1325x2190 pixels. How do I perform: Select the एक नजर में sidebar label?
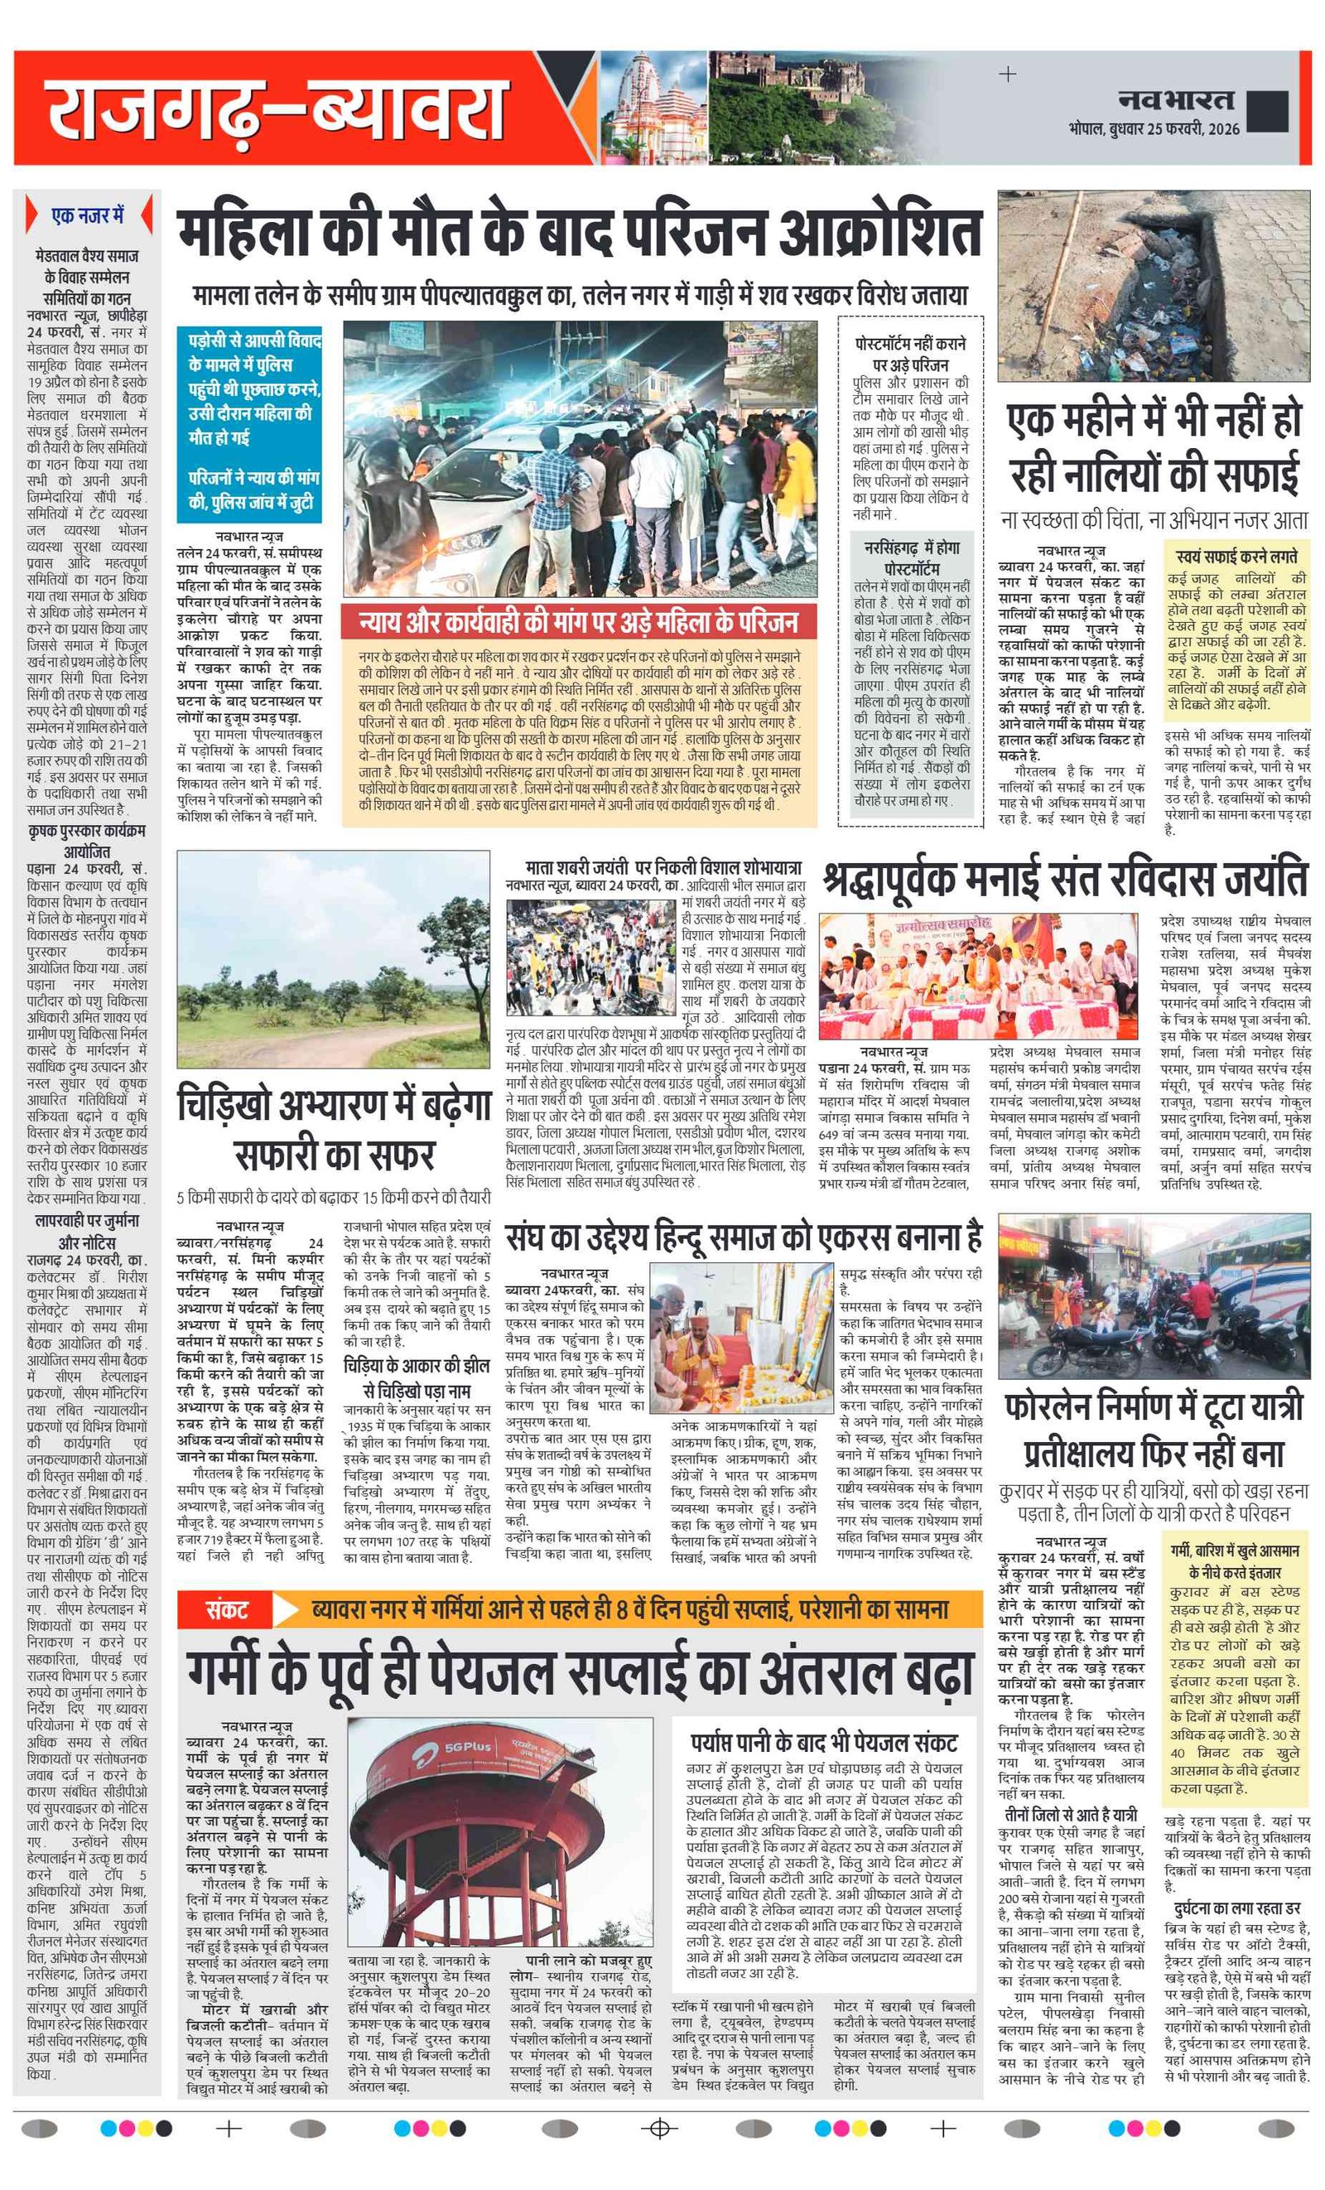pos(87,216)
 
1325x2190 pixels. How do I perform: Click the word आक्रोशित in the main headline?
pos(879,233)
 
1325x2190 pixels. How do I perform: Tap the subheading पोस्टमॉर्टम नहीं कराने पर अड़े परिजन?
pos(910,354)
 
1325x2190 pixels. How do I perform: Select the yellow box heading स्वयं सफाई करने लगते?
pos(1236,557)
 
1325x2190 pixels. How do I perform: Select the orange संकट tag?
pos(227,1609)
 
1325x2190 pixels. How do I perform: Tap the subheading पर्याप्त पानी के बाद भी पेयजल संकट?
pos(824,1742)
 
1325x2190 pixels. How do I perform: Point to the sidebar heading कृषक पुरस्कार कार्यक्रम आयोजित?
pos(87,841)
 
